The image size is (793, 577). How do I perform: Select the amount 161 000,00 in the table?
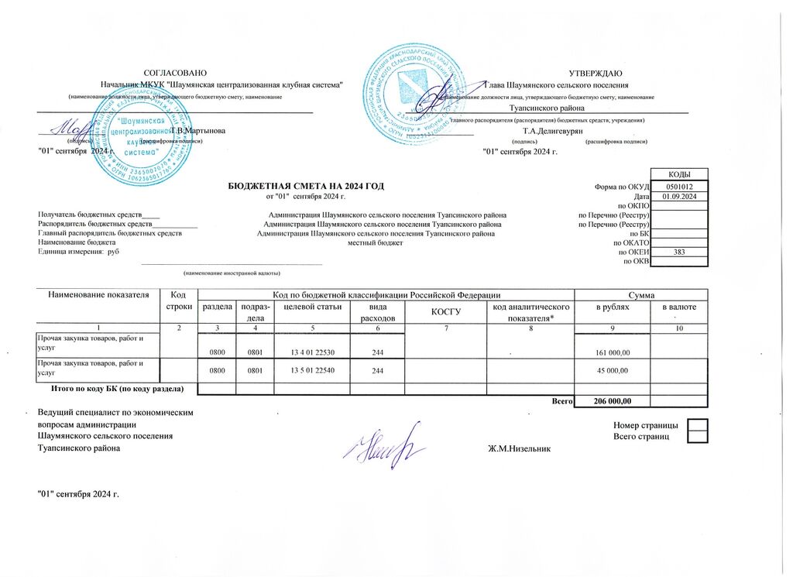pyautogui.click(x=611, y=352)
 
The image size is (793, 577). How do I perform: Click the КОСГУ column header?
pyautogui.click(x=445, y=313)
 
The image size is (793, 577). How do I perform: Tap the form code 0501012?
pyautogui.click(x=679, y=187)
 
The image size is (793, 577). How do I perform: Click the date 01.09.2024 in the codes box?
pyautogui.click(x=679, y=197)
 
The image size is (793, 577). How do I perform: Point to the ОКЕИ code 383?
pyautogui.click(x=679, y=252)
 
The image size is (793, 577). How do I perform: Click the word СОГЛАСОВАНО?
pyautogui.click(x=176, y=72)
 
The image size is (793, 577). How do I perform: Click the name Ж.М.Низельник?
pyautogui.click(x=519, y=450)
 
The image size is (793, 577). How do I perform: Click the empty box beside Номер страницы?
pyautogui.click(x=698, y=425)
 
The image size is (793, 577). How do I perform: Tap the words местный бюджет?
pyautogui.click(x=376, y=242)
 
